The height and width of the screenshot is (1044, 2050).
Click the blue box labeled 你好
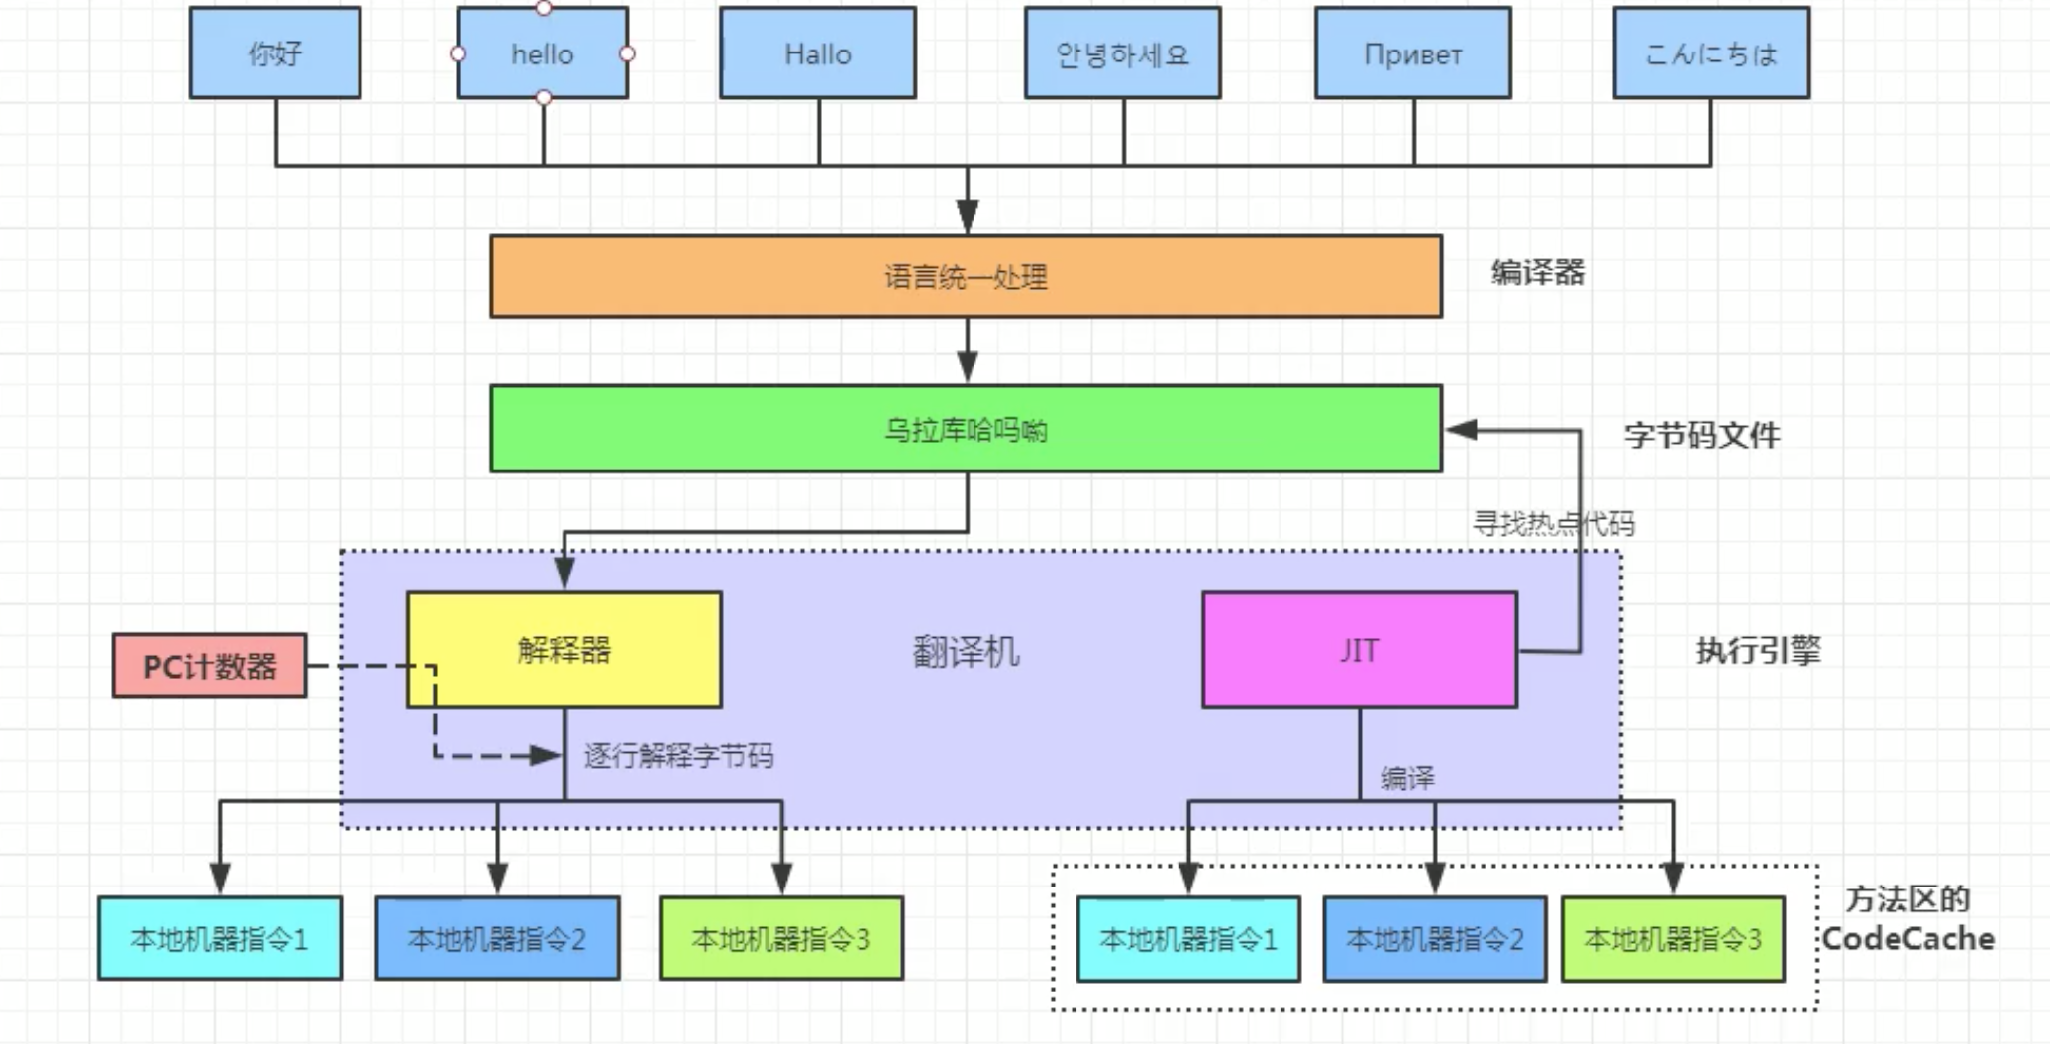coord(275,53)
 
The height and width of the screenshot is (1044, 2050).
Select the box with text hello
coord(542,53)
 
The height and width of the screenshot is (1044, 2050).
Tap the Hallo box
coord(818,53)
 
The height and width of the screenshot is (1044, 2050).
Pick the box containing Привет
coord(1412,53)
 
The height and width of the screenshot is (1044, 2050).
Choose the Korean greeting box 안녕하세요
coord(1122,53)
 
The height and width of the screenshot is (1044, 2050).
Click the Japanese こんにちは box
coord(1710,53)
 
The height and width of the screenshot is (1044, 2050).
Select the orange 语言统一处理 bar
coord(966,276)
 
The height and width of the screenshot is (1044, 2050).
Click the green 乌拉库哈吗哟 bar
coord(966,429)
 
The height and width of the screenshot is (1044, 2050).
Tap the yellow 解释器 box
coord(564,650)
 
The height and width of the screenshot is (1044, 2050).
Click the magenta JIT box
coord(1359,650)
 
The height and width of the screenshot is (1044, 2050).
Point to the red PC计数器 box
coord(209,667)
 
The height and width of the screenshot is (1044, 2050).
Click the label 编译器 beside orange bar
coord(1537,272)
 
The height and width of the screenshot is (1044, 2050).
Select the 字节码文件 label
coord(1701,435)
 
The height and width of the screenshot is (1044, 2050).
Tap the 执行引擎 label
coord(1758,651)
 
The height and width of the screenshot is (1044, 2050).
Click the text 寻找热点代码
coord(1552,523)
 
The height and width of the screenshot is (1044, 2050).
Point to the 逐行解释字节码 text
coord(678,756)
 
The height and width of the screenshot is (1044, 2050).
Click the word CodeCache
coord(1907,938)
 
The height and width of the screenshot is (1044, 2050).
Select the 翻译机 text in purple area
coord(966,652)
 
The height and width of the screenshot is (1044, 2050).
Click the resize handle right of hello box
coord(627,53)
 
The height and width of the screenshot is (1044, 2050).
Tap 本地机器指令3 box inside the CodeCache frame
coord(1673,939)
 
